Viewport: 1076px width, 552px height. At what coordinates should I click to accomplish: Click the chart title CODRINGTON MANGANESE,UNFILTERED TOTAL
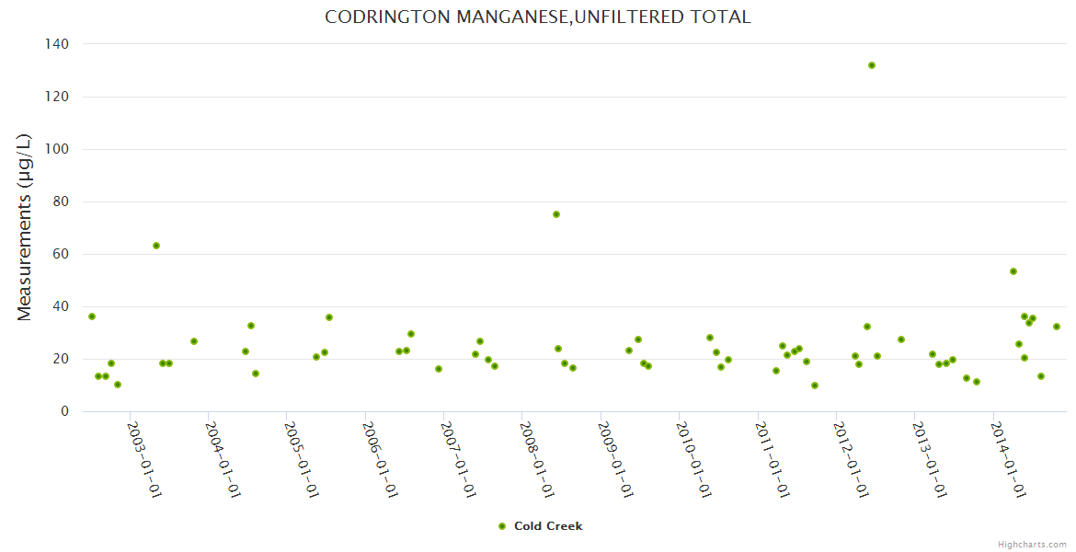(x=538, y=17)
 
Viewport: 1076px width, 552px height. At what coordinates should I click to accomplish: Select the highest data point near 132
(x=872, y=65)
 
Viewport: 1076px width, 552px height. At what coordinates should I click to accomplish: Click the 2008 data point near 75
(x=556, y=214)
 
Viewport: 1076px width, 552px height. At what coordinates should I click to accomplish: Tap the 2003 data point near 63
(x=156, y=246)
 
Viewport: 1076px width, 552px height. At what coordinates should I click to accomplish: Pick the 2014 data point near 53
(x=1013, y=271)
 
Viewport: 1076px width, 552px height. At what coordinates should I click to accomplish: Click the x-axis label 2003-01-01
(x=145, y=459)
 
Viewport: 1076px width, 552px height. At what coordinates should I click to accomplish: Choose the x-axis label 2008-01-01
(x=537, y=459)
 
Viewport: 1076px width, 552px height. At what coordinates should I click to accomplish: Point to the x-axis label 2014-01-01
(x=1008, y=459)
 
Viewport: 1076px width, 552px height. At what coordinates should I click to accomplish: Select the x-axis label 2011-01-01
(x=773, y=459)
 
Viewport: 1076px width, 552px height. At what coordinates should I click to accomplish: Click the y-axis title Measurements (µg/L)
(x=25, y=227)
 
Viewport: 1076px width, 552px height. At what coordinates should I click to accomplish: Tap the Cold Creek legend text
(x=548, y=526)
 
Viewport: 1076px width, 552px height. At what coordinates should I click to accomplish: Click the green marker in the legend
(x=502, y=526)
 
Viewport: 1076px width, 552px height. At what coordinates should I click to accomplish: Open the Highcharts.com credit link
(x=1032, y=544)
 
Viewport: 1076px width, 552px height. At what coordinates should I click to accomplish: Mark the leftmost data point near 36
(x=92, y=316)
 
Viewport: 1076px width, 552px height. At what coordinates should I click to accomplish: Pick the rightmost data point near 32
(x=1057, y=327)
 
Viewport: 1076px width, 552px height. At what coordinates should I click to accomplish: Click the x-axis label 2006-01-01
(x=381, y=459)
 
